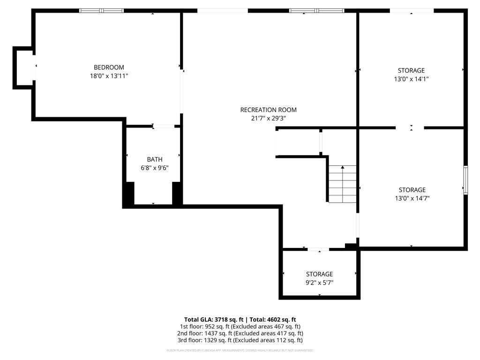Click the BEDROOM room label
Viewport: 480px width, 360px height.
[109, 67]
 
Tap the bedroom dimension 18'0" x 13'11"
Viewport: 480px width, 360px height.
[109, 76]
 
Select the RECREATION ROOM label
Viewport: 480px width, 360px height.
[268, 110]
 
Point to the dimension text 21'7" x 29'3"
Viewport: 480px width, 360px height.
[268, 118]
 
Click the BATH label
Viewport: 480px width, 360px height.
[155, 159]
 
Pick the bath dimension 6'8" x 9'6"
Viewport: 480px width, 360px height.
[155, 168]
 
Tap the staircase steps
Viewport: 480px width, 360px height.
[343, 184]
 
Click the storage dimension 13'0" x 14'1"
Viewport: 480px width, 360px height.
[411, 79]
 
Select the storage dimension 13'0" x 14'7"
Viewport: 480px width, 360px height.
[412, 198]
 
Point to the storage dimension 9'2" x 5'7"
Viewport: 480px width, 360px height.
[319, 283]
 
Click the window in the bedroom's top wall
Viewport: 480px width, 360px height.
[102, 11]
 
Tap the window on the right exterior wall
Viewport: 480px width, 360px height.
[465, 180]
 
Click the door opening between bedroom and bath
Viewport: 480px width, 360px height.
[164, 126]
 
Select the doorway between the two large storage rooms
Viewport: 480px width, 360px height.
[410, 127]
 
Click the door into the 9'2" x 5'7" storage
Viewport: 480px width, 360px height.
[318, 249]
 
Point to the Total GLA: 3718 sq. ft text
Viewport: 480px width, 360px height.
[214, 320]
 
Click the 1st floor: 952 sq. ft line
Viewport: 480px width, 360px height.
[240, 327]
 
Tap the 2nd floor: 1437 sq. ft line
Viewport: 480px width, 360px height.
[240, 333]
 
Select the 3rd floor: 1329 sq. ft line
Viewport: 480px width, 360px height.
[240, 340]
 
